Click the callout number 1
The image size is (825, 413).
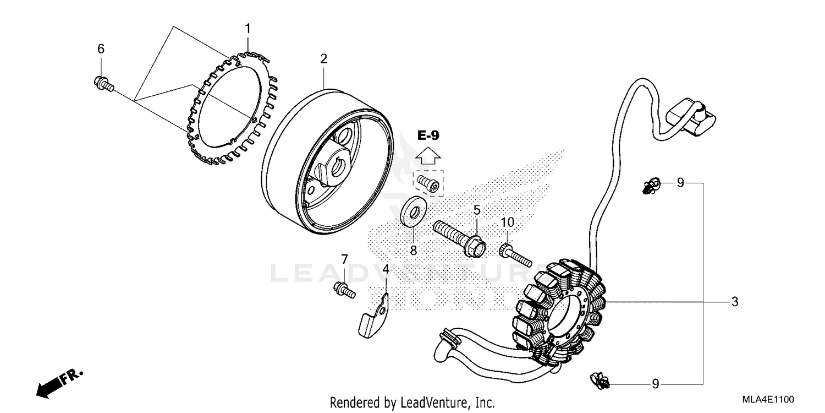click(248, 28)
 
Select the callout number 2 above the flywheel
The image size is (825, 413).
click(324, 59)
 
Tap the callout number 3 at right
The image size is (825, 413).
click(735, 302)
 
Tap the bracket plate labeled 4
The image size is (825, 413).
click(373, 317)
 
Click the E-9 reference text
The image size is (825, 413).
click(428, 135)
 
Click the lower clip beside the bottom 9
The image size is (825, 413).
click(600, 379)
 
